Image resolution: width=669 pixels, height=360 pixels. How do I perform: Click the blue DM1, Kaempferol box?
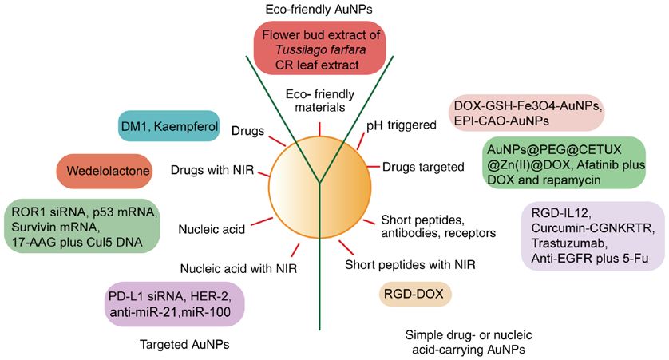[x=169, y=126]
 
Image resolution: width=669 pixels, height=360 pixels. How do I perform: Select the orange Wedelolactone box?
[x=105, y=171]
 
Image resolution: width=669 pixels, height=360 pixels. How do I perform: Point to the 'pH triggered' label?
[x=402, y=125]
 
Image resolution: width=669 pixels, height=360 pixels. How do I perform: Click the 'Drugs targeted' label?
[x=423, y=167]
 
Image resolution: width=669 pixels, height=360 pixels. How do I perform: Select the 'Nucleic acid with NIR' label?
[x=239, y=269]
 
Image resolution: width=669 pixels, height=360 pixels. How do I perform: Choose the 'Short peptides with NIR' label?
[x=410, y=265]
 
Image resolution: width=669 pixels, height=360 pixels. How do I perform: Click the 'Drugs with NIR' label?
[x=212, y=170]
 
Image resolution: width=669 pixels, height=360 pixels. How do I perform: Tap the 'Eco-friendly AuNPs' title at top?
[x=319, y=10]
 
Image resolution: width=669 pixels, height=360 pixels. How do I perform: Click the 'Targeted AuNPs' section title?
[x=184, y=344]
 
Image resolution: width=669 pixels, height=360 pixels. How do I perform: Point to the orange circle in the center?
[x=319, y=187]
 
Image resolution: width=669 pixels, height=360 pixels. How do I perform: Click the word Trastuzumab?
[x=568, y=243]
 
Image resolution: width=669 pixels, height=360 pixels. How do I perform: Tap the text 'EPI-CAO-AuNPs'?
[x=501, y=121]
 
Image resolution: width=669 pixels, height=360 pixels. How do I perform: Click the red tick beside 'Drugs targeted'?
[x=374, y=166]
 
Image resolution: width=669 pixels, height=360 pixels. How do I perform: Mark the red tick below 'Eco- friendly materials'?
[x=319, y=129]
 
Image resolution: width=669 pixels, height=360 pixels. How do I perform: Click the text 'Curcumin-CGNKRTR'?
[x=592, y=228]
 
